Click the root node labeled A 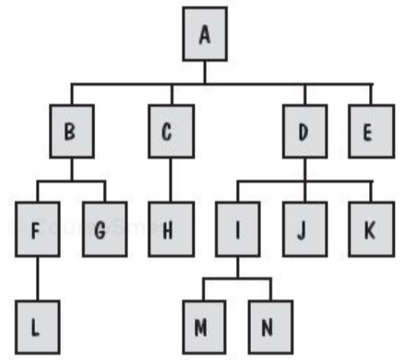(204, 34)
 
